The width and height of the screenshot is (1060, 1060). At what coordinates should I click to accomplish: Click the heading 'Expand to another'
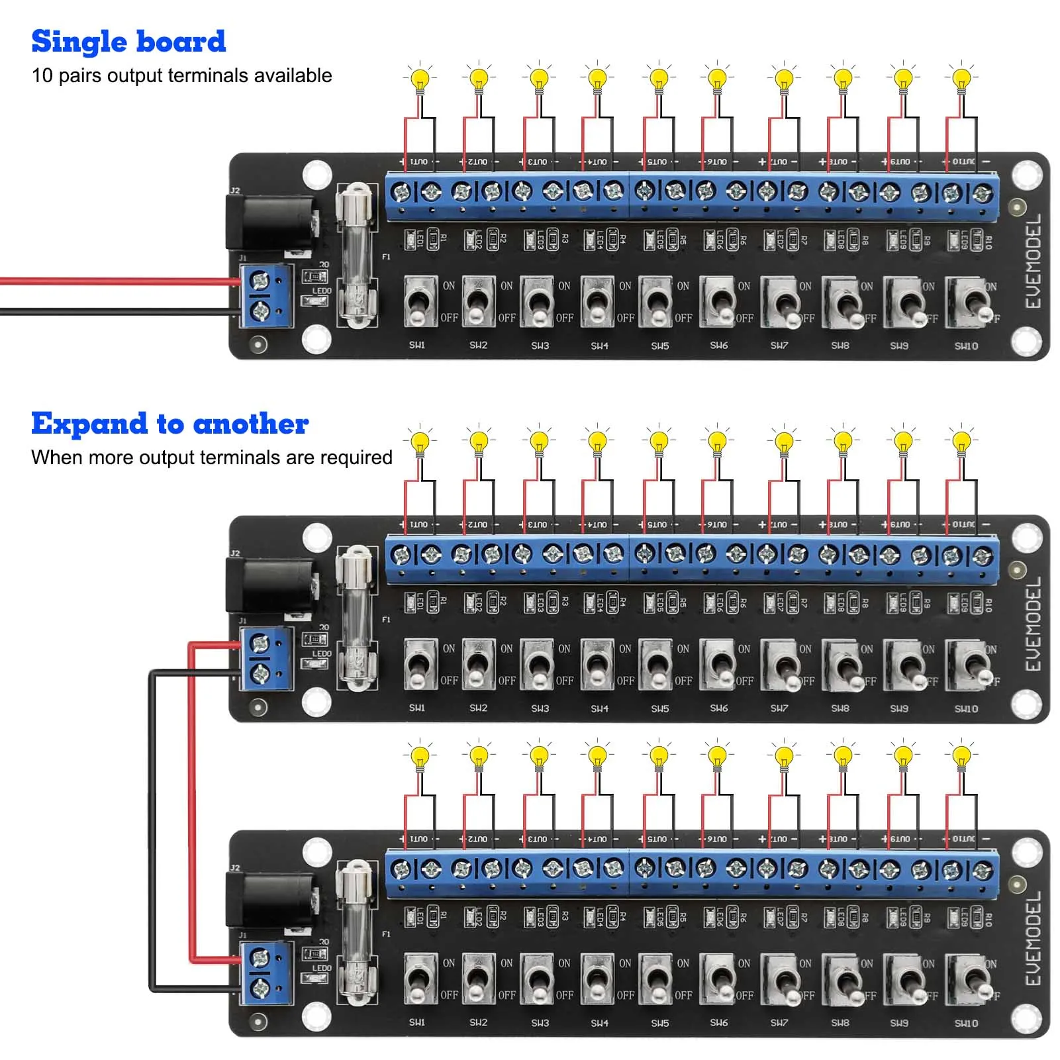point(169,424)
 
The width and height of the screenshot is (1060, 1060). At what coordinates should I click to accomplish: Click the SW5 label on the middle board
point(659,708)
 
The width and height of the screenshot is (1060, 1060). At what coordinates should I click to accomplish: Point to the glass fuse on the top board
point(357,255)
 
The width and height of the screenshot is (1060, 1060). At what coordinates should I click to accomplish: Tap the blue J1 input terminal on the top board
point(265,295)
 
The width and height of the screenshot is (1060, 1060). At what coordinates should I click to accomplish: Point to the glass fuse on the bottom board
point(357,932)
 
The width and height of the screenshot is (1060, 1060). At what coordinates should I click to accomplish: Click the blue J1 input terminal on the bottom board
point(265,973)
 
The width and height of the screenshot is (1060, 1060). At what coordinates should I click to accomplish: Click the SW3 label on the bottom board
point(540,1023)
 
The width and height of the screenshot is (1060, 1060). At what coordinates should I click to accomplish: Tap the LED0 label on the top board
point(322,291)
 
